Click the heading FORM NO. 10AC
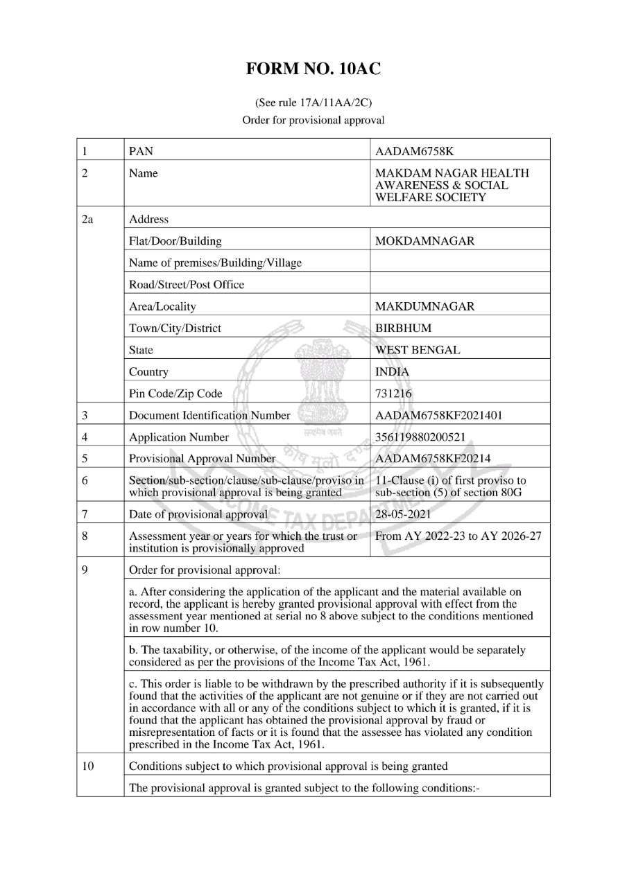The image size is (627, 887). (x=313, y=69)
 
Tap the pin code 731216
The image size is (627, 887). (x=393, y=394)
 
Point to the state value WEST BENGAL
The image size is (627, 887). (x=417, y=350)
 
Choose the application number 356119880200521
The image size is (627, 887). (x=424, y=437)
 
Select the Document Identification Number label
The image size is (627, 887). (x=209, y=416)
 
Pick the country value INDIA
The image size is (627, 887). (x=392, y=372)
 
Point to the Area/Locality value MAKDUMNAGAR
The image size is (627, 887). (x=424, y=306)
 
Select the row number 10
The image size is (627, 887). (x=87, y=766)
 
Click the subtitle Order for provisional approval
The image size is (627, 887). (x=313, y=119)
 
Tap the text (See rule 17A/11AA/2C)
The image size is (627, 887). (x=313, y=103)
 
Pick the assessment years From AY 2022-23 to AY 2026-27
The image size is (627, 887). (x=456, y=536)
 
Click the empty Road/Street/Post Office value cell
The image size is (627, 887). (x=460, y=285)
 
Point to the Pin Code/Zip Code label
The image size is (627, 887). (x=176, y=394)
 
